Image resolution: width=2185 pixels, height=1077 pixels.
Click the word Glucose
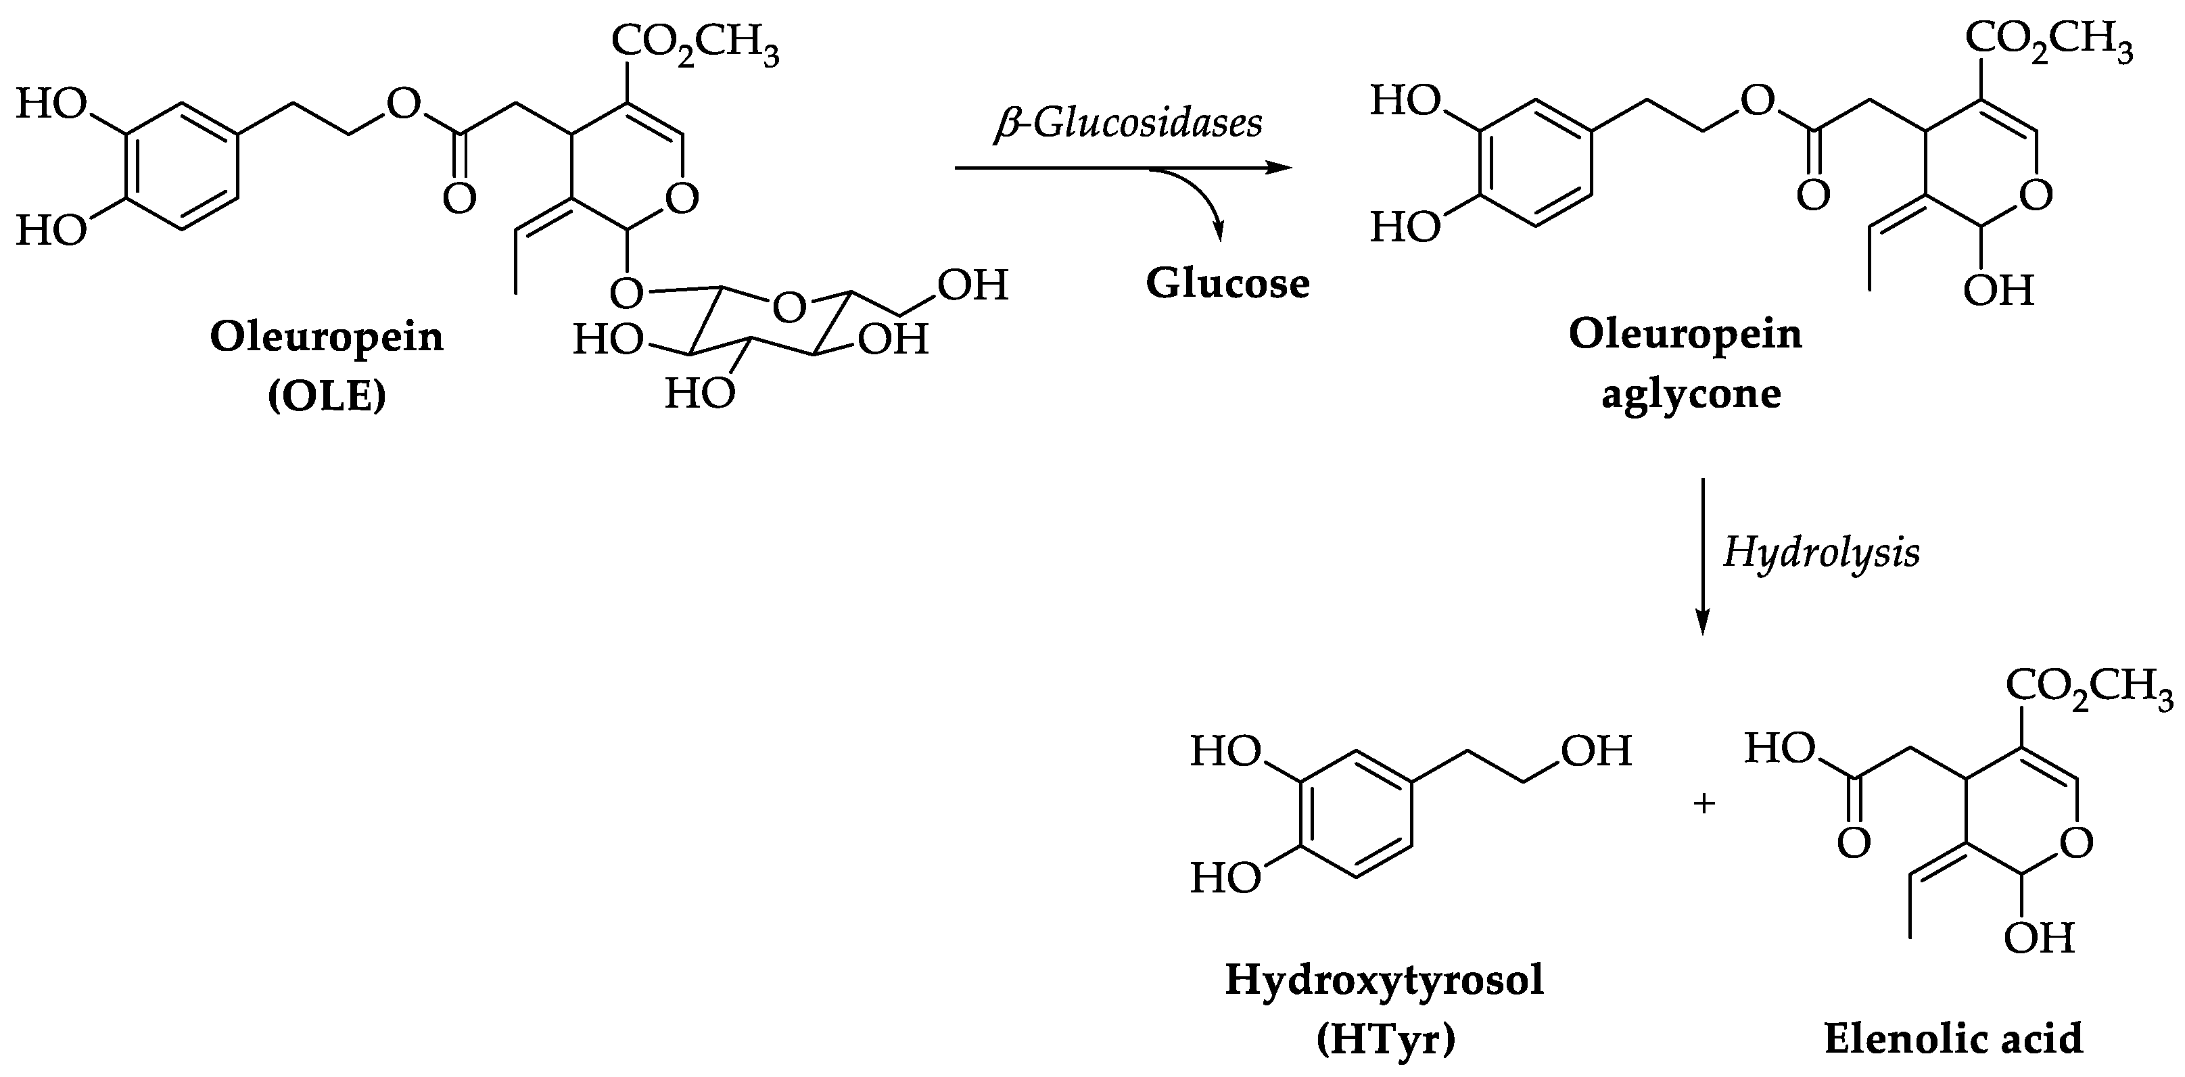(1227, 284)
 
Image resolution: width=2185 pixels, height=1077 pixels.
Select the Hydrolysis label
(1821, 554)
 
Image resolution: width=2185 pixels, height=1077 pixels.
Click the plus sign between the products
(1704, 803)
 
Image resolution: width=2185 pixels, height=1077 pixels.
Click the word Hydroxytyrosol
(1384, 980)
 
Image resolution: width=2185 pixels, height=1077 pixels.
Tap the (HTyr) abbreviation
(1385, 1040)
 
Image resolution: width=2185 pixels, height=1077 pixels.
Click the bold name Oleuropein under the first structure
(327, 337)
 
